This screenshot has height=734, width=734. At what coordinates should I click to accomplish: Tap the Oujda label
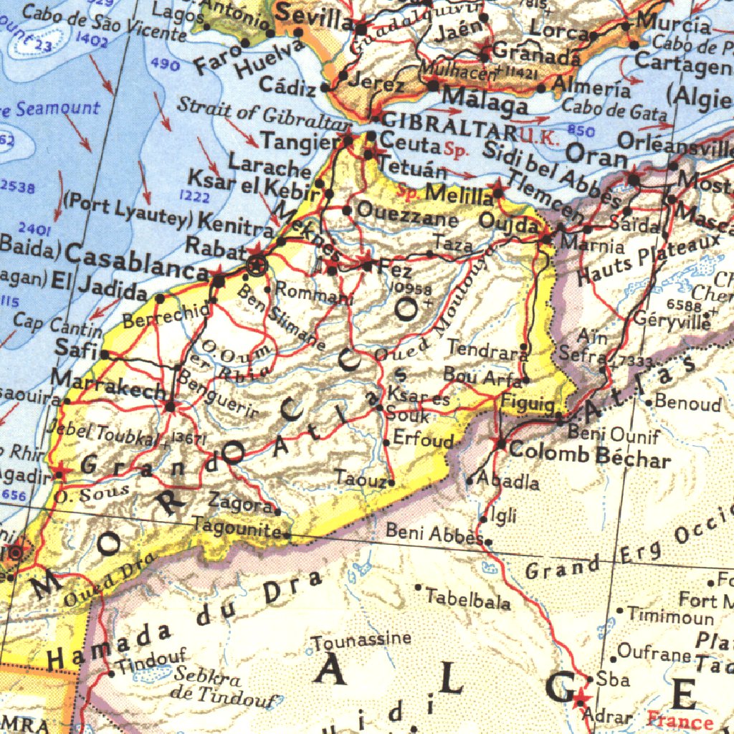tap(507, 224)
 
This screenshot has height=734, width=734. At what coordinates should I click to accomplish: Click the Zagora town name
tap(240, 502)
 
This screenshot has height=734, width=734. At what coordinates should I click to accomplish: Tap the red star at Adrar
tap(581, 696)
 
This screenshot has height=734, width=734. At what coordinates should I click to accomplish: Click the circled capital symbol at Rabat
tap(257, 265)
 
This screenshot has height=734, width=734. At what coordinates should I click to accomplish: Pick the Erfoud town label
tap(424, 439)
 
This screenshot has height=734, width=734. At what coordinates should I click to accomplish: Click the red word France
tap(680, 719)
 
